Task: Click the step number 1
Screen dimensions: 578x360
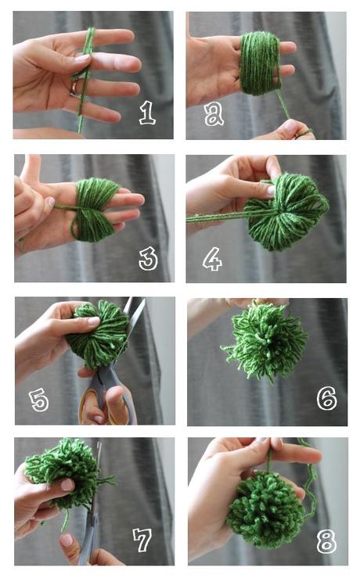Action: pos(147,113)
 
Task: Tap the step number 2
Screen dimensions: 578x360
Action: pos(214,114)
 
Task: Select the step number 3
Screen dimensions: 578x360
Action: pos(148,258)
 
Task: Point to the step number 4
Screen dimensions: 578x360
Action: pos(212,259)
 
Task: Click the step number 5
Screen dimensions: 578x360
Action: pos(39,400)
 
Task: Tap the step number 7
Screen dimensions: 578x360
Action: pos(142,540)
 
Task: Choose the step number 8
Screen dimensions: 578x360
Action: pos(326,540)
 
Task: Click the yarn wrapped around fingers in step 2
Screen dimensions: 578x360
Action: pos(261,62)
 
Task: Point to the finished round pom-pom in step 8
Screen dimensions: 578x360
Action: pos(267,508)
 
